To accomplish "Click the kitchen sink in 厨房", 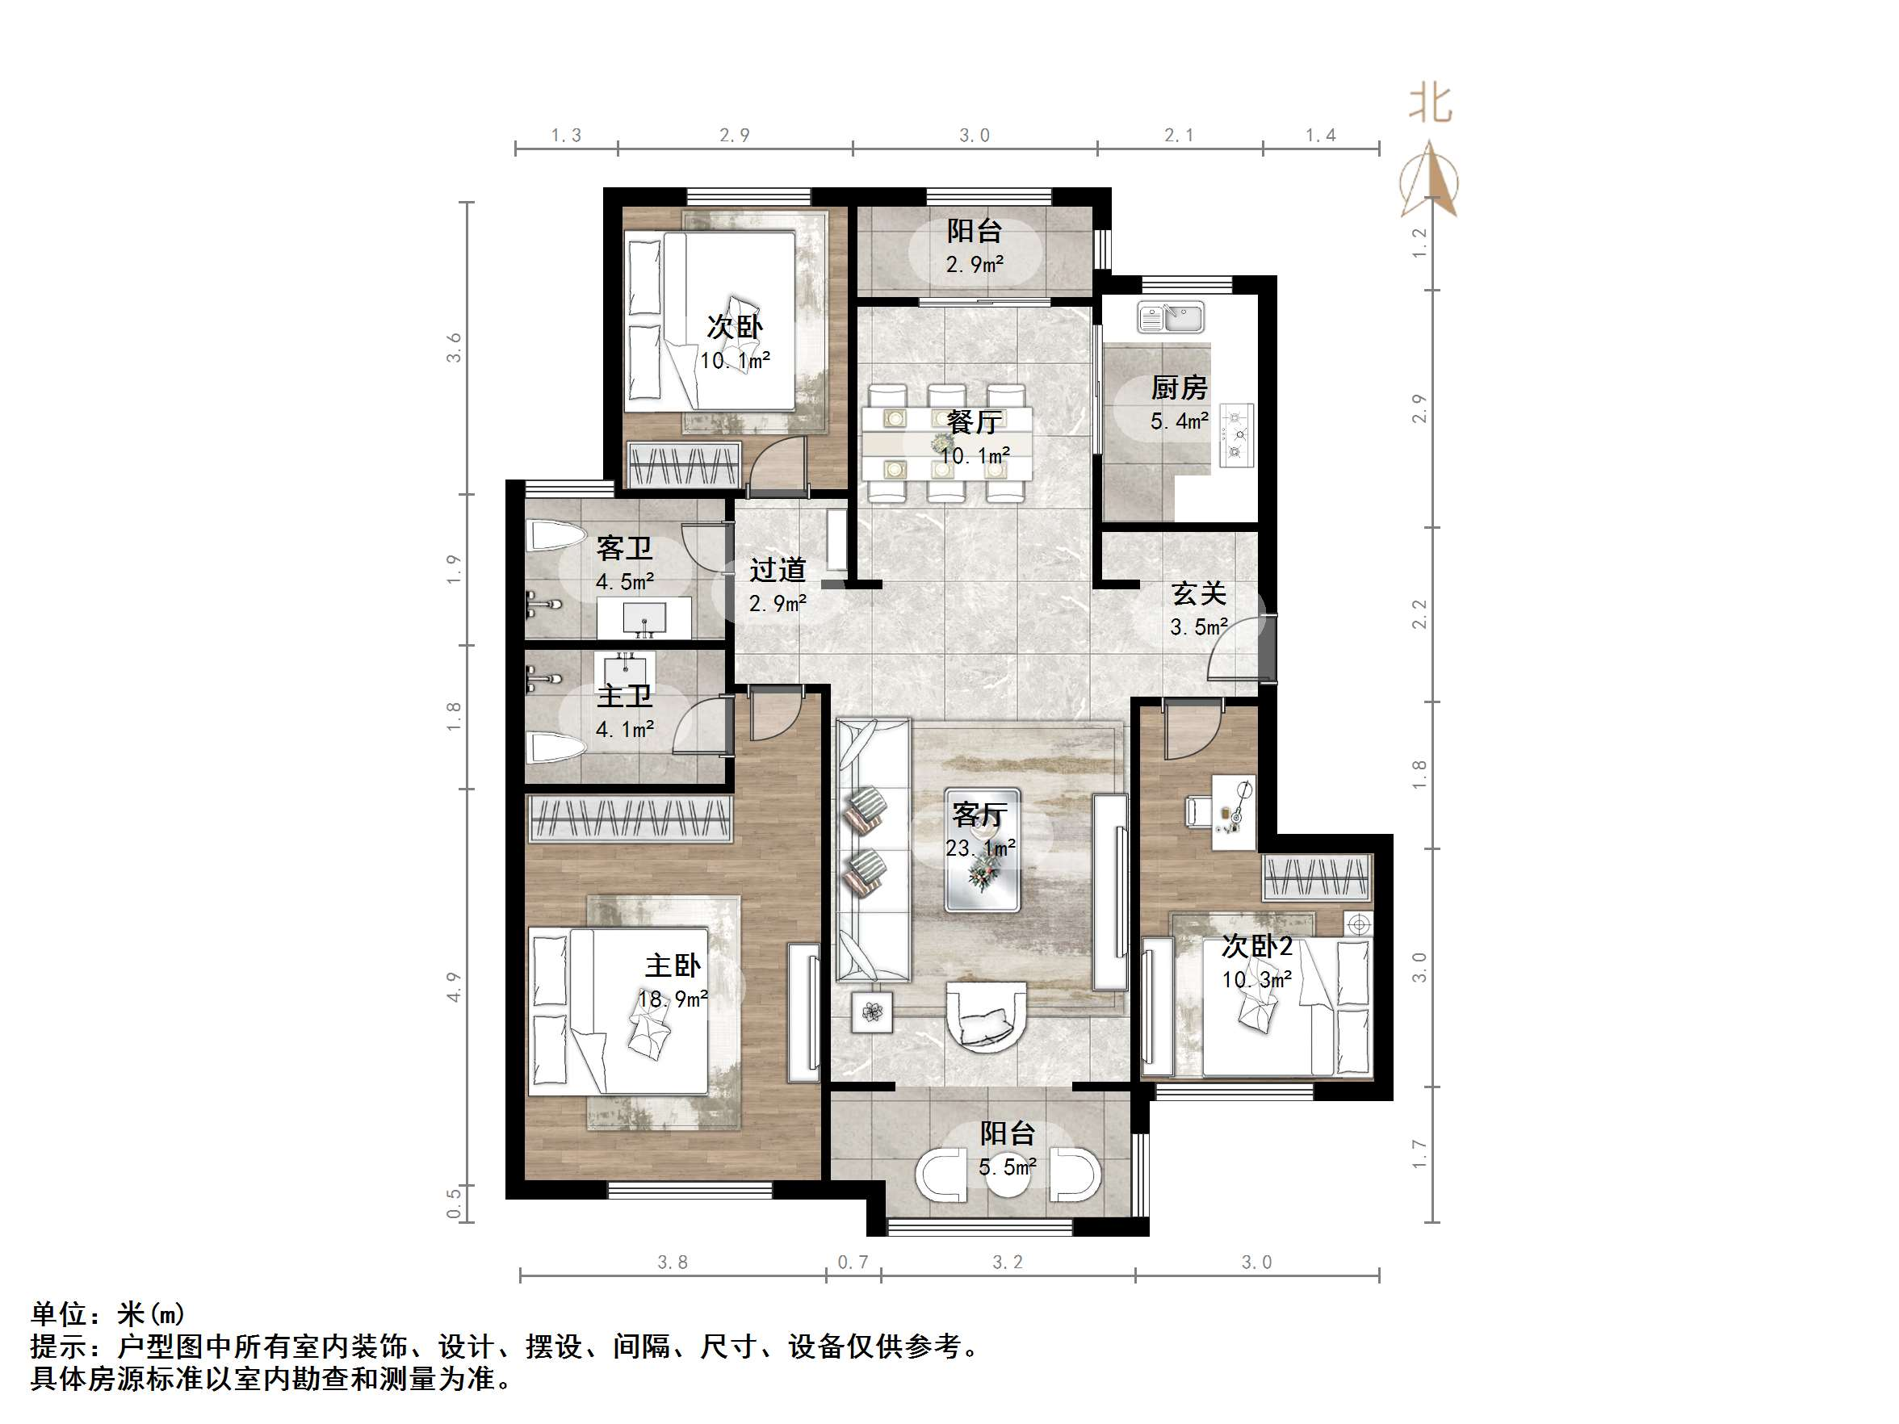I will pos(1171,317).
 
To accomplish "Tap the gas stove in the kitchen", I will pos(1235,435).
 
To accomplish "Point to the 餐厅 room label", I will pos(975,422).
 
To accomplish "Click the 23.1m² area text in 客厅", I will pos(980,849).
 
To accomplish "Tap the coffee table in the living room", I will pos(982,850).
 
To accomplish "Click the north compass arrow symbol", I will pos(1428,180).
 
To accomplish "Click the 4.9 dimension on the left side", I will pos(453,986).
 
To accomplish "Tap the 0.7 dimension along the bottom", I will pos(853,1262).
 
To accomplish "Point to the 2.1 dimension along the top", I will pos(1179,135).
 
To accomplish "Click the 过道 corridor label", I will pos(778,569).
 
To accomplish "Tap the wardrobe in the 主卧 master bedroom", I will pos(629,817).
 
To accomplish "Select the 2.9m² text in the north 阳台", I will pos(975,264).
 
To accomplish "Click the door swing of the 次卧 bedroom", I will pos(779,465).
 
